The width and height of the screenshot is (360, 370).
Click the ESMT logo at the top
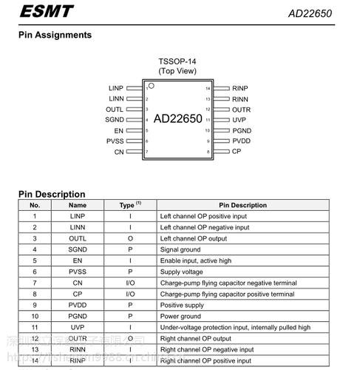click(47, 11)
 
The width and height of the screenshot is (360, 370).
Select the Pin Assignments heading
click(55, 35)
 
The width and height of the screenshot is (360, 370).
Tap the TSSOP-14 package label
click(177, 61)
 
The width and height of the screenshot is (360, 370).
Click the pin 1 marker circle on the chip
click(151, 87)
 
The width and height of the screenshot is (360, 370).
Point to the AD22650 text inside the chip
click(177, 118)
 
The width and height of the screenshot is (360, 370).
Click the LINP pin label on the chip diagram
click(116, 88)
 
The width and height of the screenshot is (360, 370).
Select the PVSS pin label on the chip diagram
click(115, 141)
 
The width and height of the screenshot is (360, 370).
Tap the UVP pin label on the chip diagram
click(239, 120)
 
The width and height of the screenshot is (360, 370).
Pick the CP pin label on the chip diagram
click(237, 151)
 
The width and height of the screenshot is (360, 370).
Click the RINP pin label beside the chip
click(240, 88)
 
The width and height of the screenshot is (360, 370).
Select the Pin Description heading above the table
click(52, 194)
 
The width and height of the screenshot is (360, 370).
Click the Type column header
click(129, 205)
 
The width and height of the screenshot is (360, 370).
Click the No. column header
click(34, 205)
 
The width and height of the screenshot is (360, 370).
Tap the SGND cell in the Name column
click(78, 249)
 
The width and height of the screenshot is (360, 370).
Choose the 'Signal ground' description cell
click(180, 249)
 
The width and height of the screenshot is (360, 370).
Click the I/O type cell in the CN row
click(129, 283)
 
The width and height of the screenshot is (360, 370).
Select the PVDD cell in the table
click(78, 305)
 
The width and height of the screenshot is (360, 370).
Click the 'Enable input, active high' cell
click(194, 260)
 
